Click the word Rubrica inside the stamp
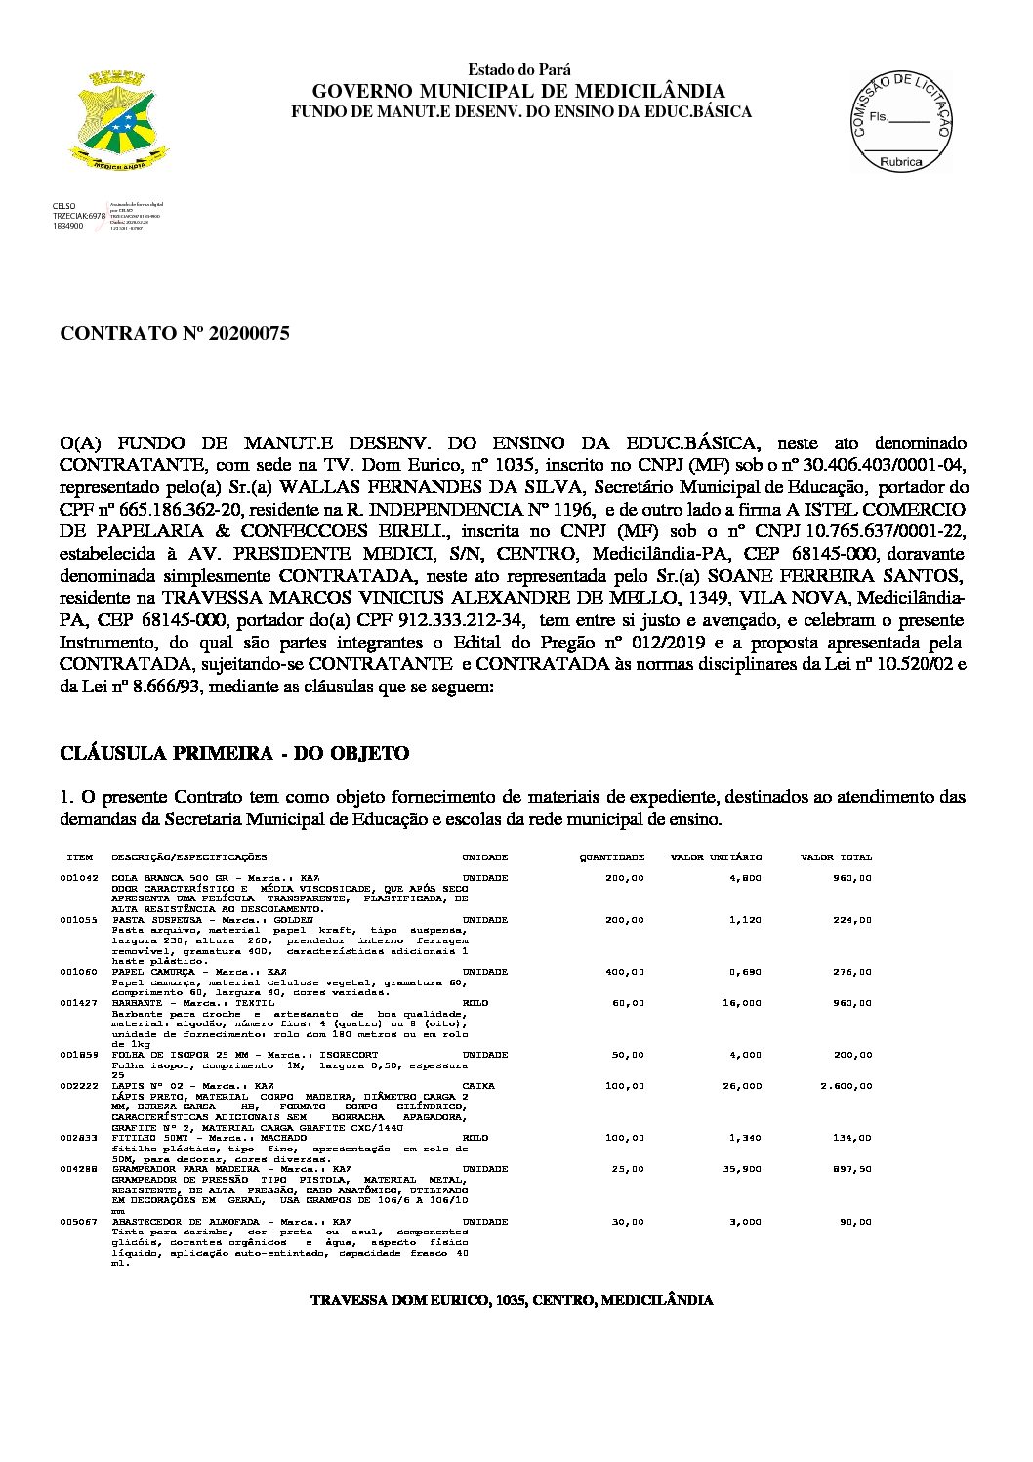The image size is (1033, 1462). click(x=900, y=161)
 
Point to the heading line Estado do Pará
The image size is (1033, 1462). click(x=519, y=70)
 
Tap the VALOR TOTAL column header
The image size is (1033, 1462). click(x=836, y=857)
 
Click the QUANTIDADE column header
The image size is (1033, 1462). click(x=612, y=857)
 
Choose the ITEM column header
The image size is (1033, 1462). click(x=79, y=857)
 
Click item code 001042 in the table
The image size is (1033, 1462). click(x=78, y=878)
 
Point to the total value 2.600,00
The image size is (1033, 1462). click(x=847, y=1086)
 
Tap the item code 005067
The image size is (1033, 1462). click(x=78, y=1222)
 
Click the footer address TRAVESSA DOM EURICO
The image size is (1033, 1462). click(x=511, y=1300)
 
